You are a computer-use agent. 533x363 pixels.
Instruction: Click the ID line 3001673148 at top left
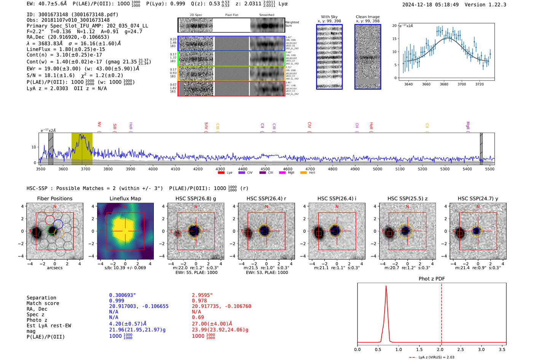(x=72, y=14)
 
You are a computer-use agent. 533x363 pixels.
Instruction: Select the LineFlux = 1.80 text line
(x=65, y=49)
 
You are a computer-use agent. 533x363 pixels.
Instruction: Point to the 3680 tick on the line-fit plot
(x=444, y=84)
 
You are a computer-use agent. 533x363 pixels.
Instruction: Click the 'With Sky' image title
(x=329, y=17)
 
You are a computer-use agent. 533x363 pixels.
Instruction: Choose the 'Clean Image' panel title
(x=367, y=17)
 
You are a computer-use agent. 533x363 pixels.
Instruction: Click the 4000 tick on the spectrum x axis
(x=153, y=169)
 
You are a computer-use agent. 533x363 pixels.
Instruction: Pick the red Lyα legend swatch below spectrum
(x=221, y=173)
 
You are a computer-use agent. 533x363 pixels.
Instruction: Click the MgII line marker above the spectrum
(x=468, y=126)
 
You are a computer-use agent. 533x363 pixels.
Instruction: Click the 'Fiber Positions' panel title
(x=54, y=198)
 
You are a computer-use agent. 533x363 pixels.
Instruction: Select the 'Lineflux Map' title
(x=125, y=198)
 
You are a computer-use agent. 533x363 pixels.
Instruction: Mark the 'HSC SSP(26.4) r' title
(x=266, y=198)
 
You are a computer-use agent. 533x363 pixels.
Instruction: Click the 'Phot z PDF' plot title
(x=431, y=279)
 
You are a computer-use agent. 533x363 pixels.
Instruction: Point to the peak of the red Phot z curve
(x=386, y=286)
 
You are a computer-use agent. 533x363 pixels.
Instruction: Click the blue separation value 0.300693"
(x=122, y=295)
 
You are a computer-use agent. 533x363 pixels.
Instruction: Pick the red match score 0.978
(x=199, y=301)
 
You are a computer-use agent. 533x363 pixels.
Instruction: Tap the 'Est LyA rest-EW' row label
(x=49, y=326)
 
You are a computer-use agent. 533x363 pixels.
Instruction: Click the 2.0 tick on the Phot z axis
(x=440, y=349)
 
